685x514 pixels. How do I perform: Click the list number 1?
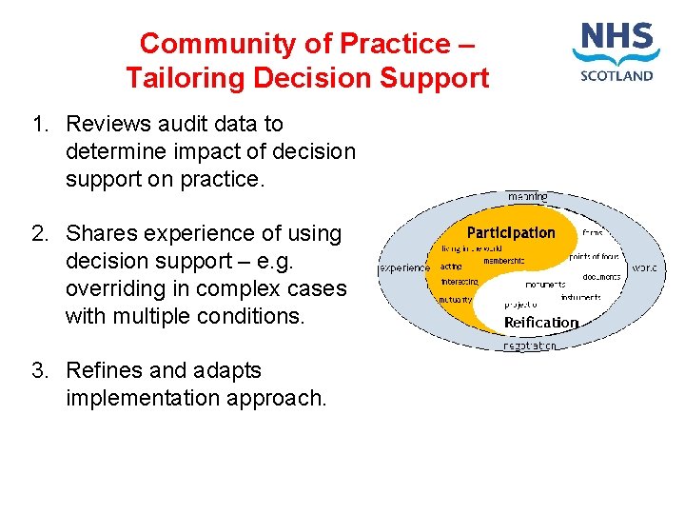(x=40, y=124)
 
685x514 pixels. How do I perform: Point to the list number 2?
(x=40, y=233)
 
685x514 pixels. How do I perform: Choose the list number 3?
(x=40, y=370)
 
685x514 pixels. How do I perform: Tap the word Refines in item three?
(x=102, y=370)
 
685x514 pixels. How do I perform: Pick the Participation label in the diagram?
(x=511, y=232)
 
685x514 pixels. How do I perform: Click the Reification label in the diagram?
(x=540, y=323)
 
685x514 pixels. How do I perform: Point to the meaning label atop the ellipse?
(x=527, y=196)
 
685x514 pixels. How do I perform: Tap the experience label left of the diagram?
(x=405, y=268)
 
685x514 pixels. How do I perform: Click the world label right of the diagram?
(x=644, y=268)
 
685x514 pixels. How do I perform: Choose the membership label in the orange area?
(x=503, y=261)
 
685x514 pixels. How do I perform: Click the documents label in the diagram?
(x=601, y=277)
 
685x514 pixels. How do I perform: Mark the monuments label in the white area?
(x=545, y=284)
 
